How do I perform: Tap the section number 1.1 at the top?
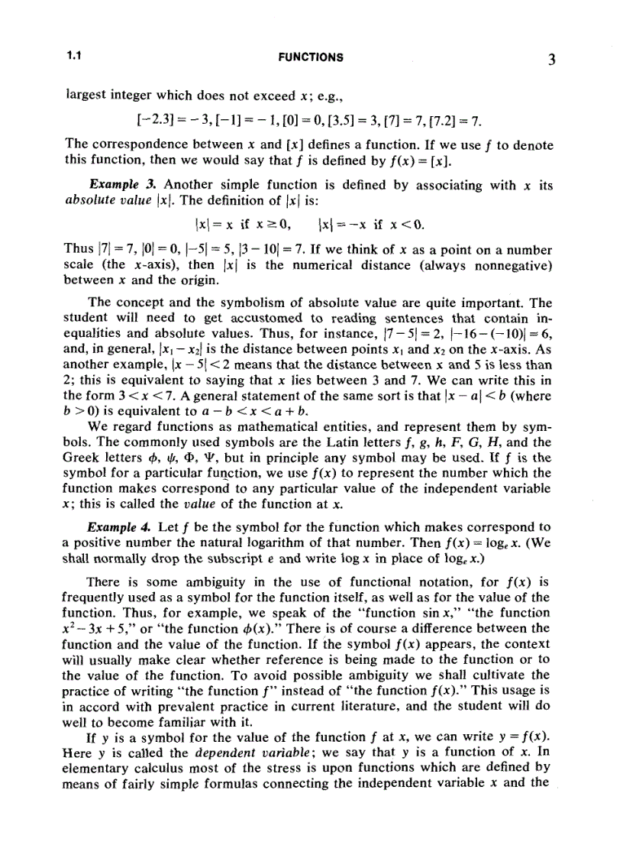click(74, 57)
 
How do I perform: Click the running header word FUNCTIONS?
click(311, 57)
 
